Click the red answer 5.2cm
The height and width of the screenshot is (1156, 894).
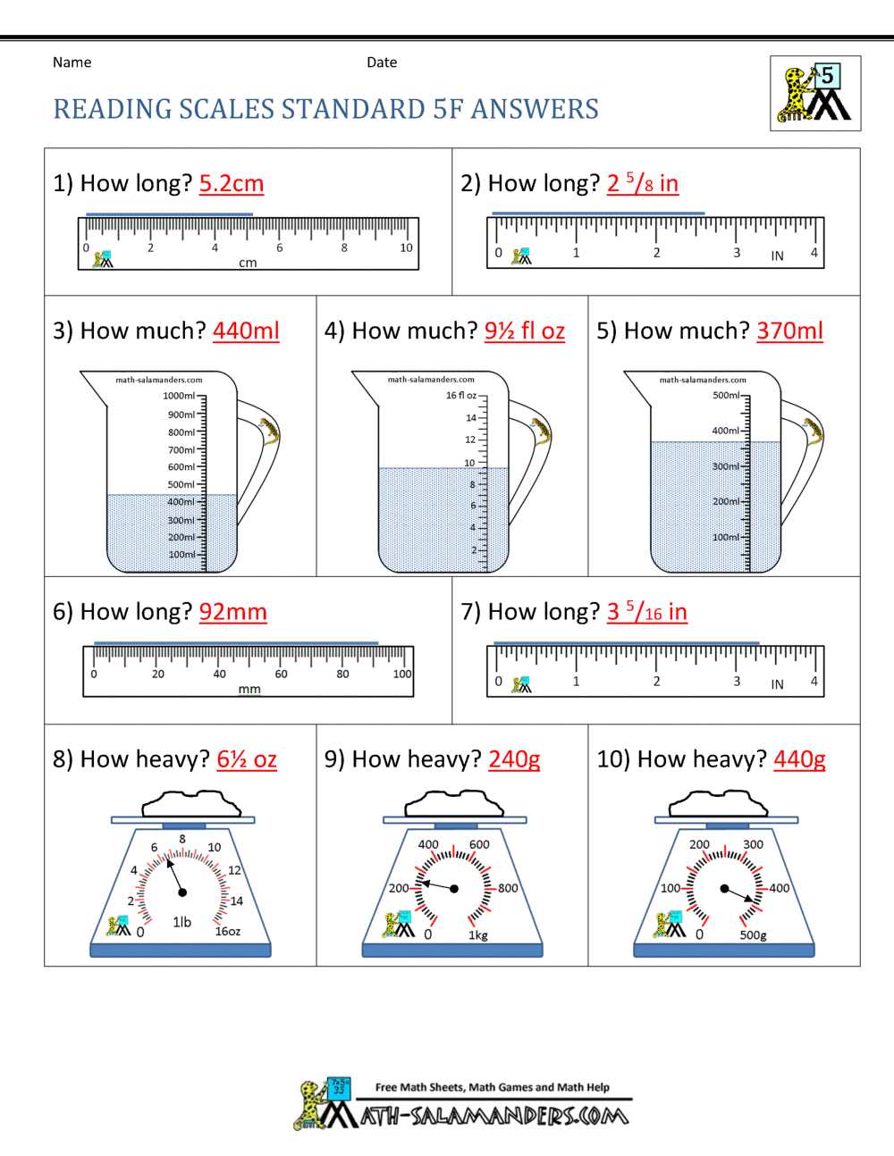click(231, 183)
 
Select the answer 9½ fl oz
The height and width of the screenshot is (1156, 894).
click(524, 331)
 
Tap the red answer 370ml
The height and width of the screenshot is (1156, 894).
click(789, 331)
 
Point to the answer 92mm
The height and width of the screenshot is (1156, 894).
click(232, 612)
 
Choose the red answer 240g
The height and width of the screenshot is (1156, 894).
click(514, 759)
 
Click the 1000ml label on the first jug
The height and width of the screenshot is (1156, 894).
click(179, 396)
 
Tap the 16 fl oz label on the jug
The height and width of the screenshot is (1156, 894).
click(460, 395)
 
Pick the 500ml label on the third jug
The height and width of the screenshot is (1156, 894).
click(726, 395)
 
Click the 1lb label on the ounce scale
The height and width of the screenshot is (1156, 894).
click(181, 922)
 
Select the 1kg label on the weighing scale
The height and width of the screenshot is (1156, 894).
click(478, 935)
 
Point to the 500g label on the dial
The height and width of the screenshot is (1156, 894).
click(753, 935)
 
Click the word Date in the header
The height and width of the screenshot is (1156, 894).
click(382, 63)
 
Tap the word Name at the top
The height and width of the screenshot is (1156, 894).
click(72, 63)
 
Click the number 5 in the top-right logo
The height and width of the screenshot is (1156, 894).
click(827, 76)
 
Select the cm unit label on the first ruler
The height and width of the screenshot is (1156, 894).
click(248, 263)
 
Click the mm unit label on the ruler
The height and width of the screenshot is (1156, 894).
click(249, 690)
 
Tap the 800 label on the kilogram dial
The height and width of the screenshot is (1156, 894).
click(508, 888)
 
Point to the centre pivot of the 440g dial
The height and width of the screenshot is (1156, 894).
click(724, 888)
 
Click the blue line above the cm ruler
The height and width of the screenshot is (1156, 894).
click(169, 214)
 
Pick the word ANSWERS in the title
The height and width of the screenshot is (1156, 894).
click(535, 109)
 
